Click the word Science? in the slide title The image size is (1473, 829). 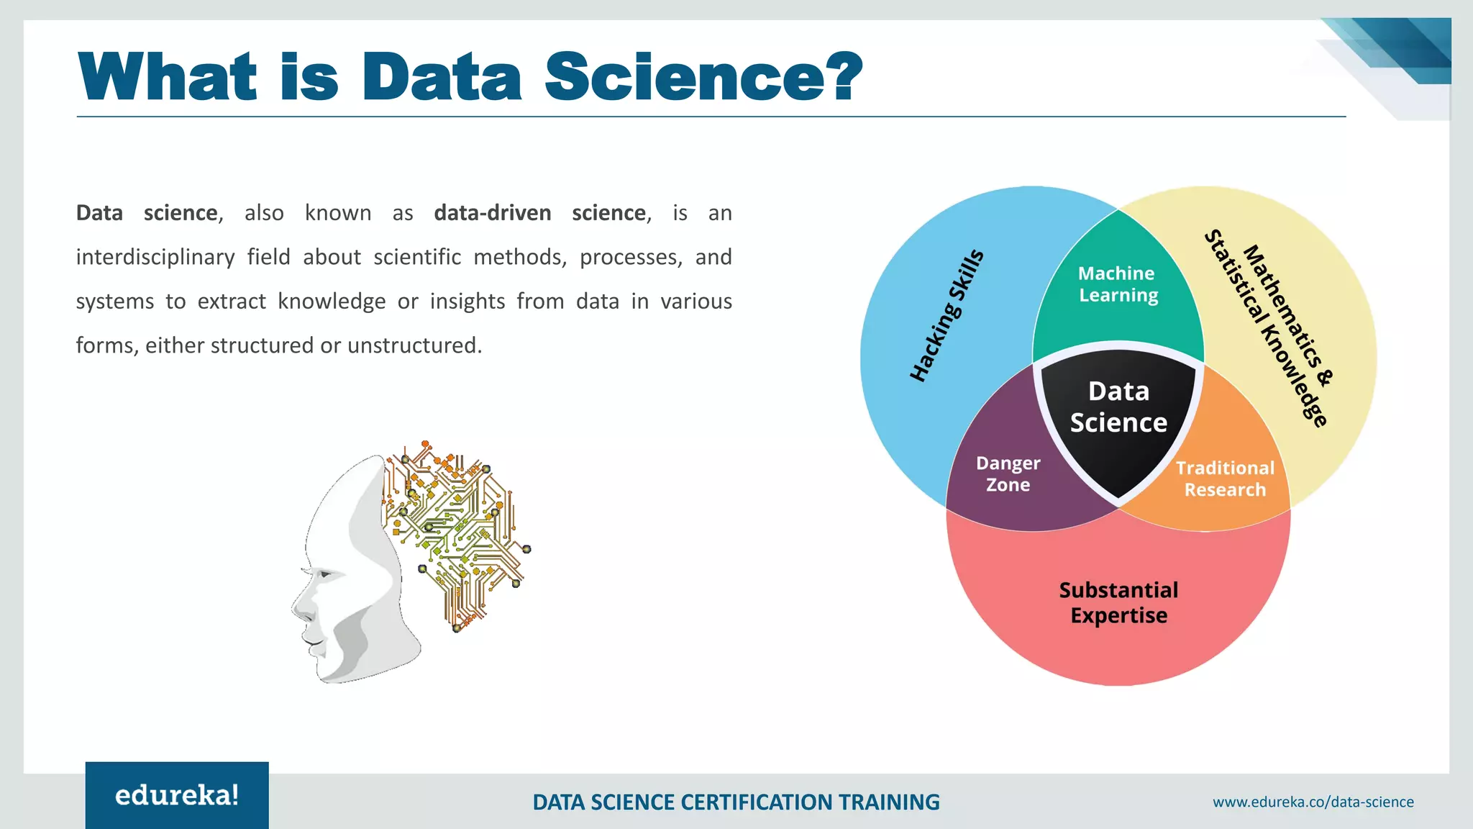pos(703,77)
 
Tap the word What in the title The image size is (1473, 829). pos(168,77)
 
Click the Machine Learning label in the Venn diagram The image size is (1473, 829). pos(1118,284)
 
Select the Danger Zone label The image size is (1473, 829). pos(1008,474)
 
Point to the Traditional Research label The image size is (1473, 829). pos(1225,479)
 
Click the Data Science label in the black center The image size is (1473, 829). pos(1118,407)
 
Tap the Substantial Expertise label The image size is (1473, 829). pos(1118,603)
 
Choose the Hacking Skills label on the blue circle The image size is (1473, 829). pos(947,316)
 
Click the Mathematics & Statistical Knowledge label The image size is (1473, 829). pos(1270,327)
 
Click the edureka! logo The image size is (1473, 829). pos(177,795)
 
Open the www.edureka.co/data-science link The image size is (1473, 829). pos(1313,802)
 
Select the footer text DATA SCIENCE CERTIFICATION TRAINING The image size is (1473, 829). pos(736,802)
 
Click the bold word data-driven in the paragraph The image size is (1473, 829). pos(493,213)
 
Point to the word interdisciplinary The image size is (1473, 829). pos(155,257)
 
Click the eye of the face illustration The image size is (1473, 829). pos(325,574)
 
